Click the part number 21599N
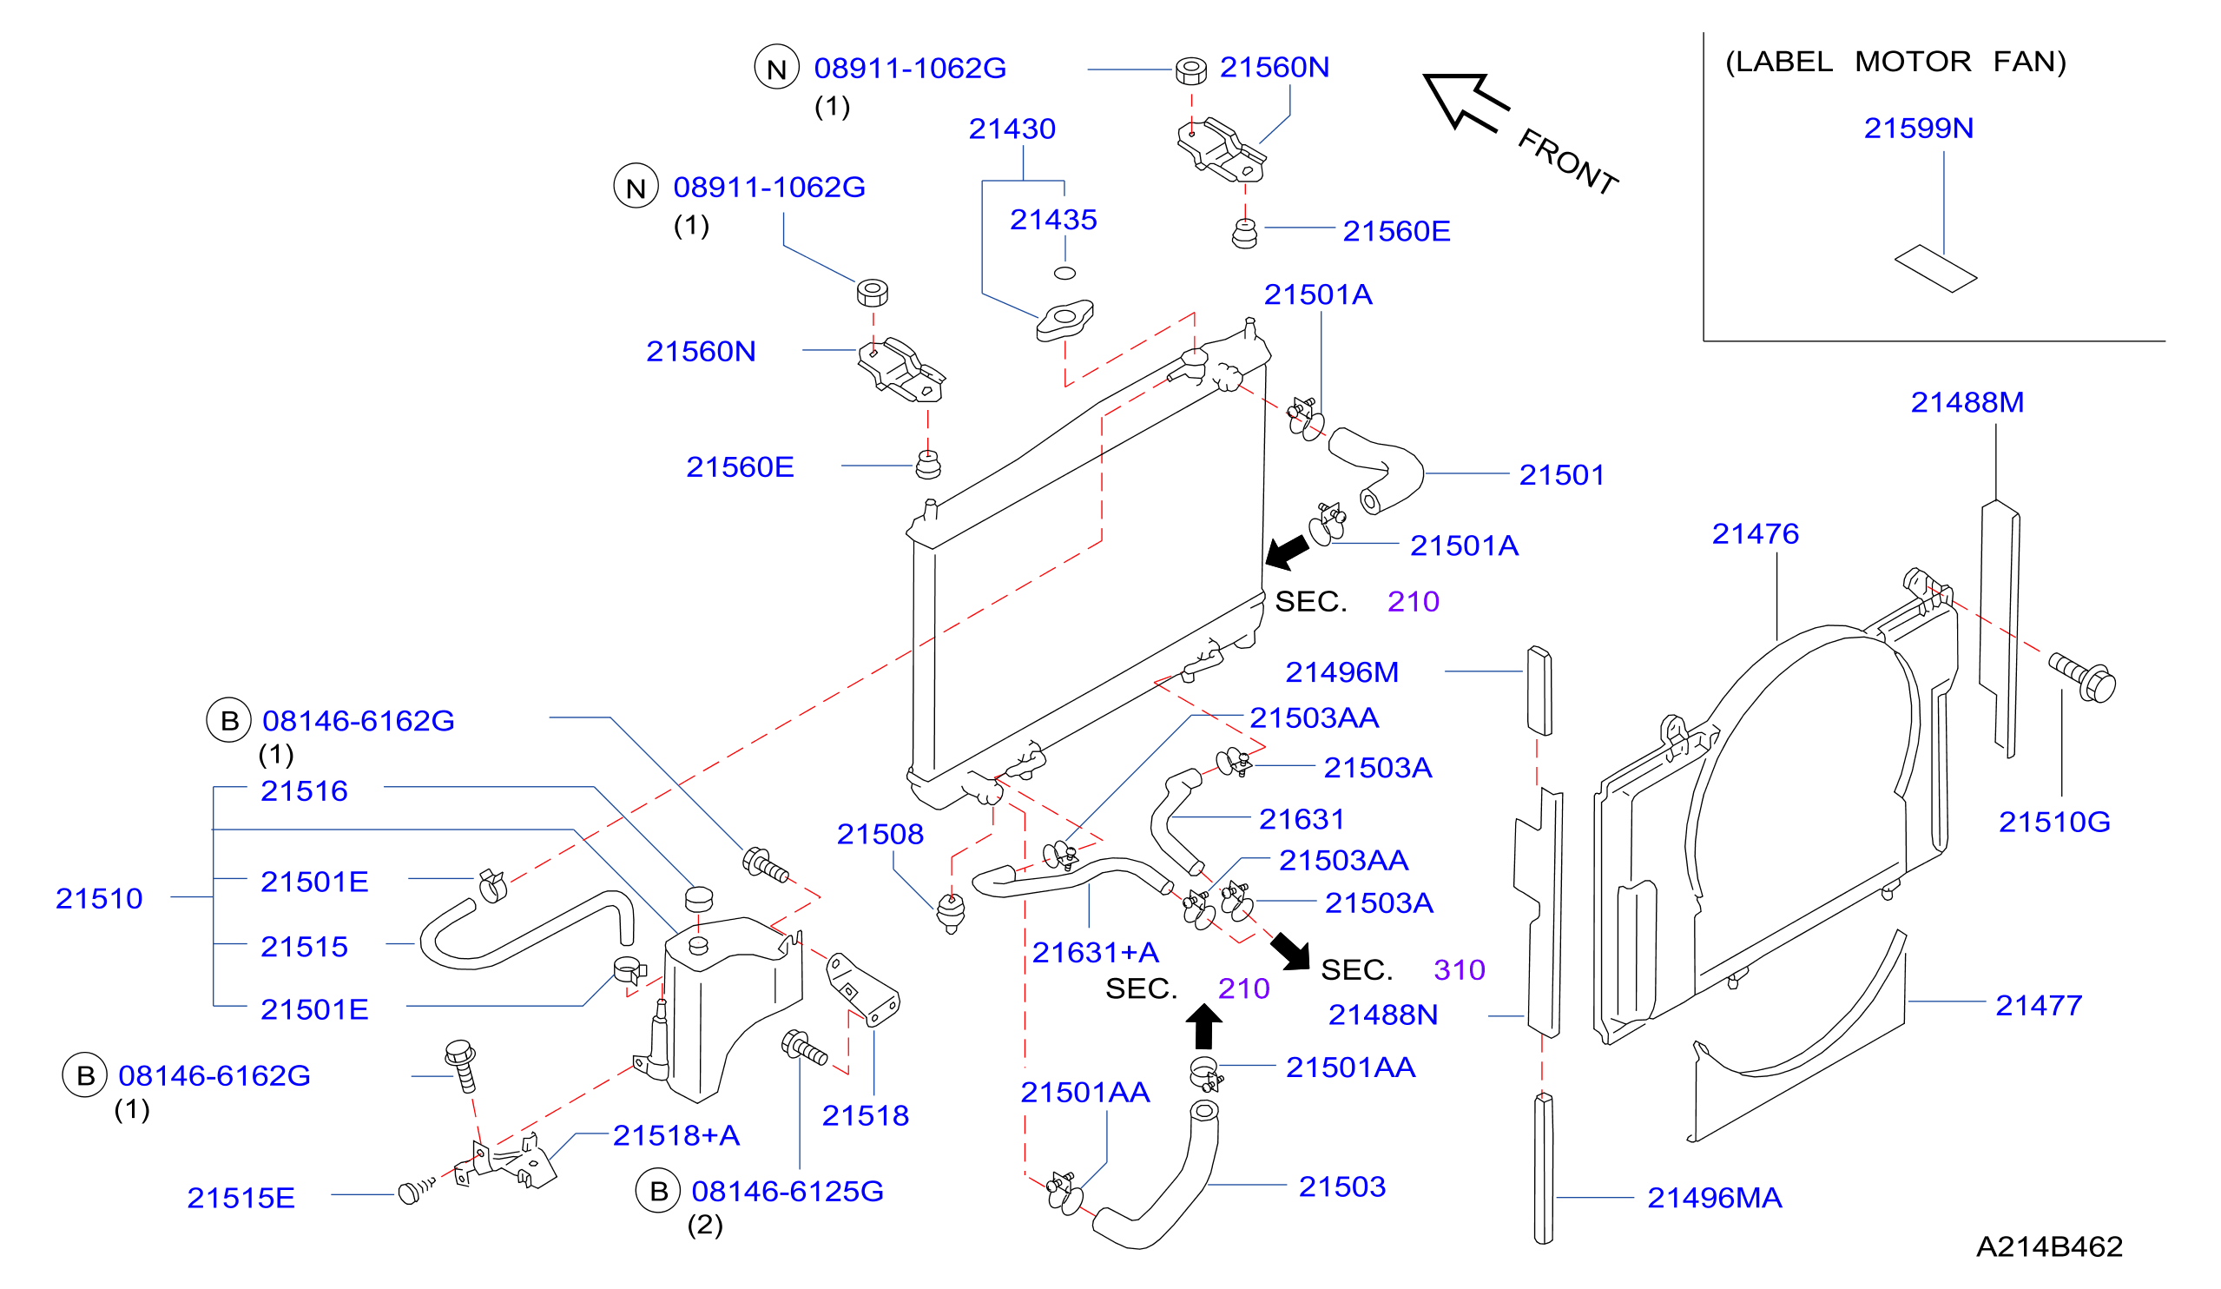click(x=1918, y=129)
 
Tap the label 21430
click(x=1012, y=129)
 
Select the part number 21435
click(x=1053, y=220)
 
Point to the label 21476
click(x=1755, y=533)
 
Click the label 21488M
click(x=1967, y=402)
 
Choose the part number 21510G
click(x=2053, y=822)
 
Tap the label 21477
click(x=2038, y=1005)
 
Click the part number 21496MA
click(x=1714, y=1197)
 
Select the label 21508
click(x=880, y=834)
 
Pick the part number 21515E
click(x=241, y=1197)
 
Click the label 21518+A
click(x=676, y=1134)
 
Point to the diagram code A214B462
click(x=2049, y=1246)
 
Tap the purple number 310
click(x=1459, y=970)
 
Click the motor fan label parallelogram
click(x=1935, y=268)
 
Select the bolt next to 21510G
click(x=2081, y=677)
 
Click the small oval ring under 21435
click(x=1064, y=274)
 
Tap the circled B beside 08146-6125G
click(x=657, y=1191)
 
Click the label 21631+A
click(x=1096, y=952)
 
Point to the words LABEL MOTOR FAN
click(x=1895, y=62)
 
